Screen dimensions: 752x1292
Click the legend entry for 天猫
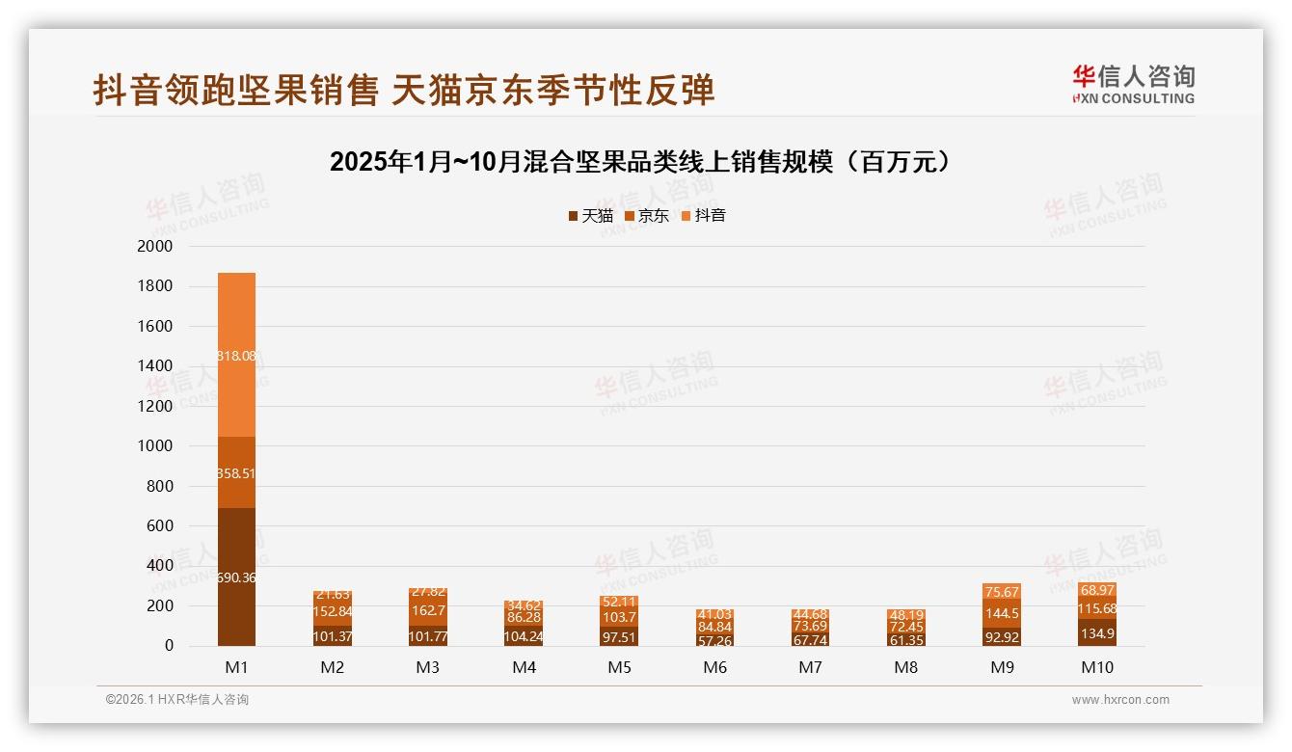click(x=590, y=216)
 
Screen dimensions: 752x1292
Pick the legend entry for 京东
click(x=647, y=216)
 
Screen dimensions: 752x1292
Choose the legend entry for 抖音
click(x=704, y=216)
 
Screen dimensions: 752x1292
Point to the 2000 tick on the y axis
click(x=154, y=247)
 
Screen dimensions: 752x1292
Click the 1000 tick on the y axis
click(x=154, y=446)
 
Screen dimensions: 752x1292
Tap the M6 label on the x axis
click(x=714, y=667)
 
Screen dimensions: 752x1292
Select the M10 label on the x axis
click(x=1098, y=667)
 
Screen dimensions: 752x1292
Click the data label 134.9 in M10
click(x=1098, y=633)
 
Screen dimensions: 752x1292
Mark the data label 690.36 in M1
click(x=236, y=577)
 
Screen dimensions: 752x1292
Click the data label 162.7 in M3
click(x=428, y=610)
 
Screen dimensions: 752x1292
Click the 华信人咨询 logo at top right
click(x=1133, y=84)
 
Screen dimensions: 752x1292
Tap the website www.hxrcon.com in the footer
click(x=1120, y=700)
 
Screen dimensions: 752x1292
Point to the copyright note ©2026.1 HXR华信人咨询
click(x=177, y=700)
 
